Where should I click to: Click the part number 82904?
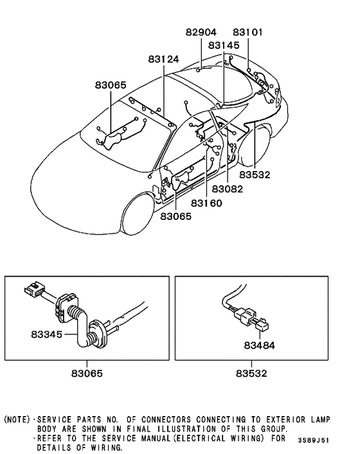[x=201, y=32]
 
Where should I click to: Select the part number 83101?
[x=248, y=32]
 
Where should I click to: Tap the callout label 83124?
[x=163, y=59]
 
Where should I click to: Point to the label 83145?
[x=223, y=45]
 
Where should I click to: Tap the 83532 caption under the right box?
[x=251, y=373]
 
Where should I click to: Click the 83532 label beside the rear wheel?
[x=256, y=174]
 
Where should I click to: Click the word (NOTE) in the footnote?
[x=17, y=420]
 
